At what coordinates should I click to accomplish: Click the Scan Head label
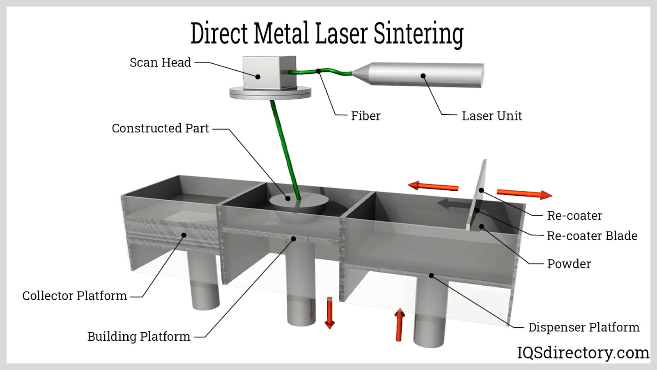coord(160,62)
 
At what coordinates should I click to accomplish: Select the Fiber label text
coord(365,116)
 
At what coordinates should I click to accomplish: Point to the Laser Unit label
coord(492,116)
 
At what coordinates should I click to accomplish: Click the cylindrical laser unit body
coord(427,74)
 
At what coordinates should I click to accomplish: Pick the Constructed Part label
coord(160,128)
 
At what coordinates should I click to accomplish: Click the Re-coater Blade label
coord(592,236)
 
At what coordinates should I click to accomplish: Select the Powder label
coord(569,264)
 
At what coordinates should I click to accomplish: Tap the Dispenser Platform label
coord(583,327)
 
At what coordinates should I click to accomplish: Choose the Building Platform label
coord(139,337)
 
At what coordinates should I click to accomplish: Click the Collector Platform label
coord(74,296)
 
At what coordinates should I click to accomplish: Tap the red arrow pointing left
coord(433,186)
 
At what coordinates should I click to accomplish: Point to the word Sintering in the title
coord(419,34)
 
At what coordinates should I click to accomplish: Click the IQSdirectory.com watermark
coord(583,353)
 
